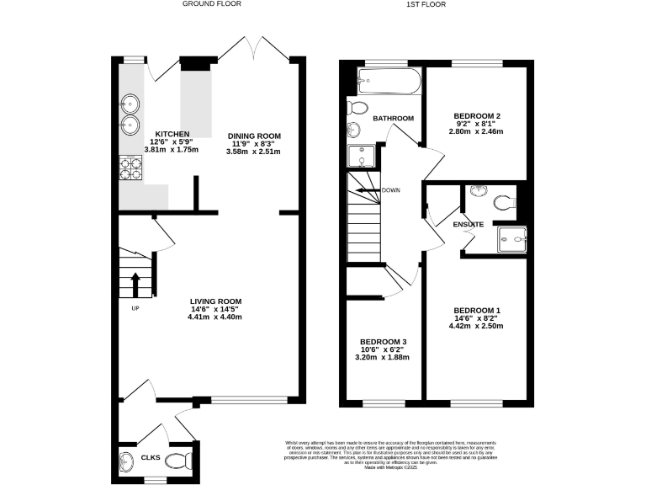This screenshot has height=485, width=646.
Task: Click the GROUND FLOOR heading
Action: coord(211,4)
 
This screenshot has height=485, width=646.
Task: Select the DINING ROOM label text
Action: coord(253,136)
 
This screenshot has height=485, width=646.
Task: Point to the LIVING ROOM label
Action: coord(215,301)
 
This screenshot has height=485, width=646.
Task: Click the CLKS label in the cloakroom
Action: coord(151,458)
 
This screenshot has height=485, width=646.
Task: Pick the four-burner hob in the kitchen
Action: coord(131,168)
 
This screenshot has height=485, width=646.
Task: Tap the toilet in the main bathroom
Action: coord(357,108)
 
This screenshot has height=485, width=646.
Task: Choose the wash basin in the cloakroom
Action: coord(126,461)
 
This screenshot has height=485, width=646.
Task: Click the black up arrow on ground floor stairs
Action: coord(134,285)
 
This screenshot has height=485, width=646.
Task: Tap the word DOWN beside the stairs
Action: coord(391,190)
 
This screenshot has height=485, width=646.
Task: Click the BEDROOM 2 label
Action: coord(477,115)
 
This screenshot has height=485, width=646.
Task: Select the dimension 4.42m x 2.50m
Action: coord(477,327)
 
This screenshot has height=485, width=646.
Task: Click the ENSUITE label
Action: coord(469,224)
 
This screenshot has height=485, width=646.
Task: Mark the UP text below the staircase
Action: coord(135,307)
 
